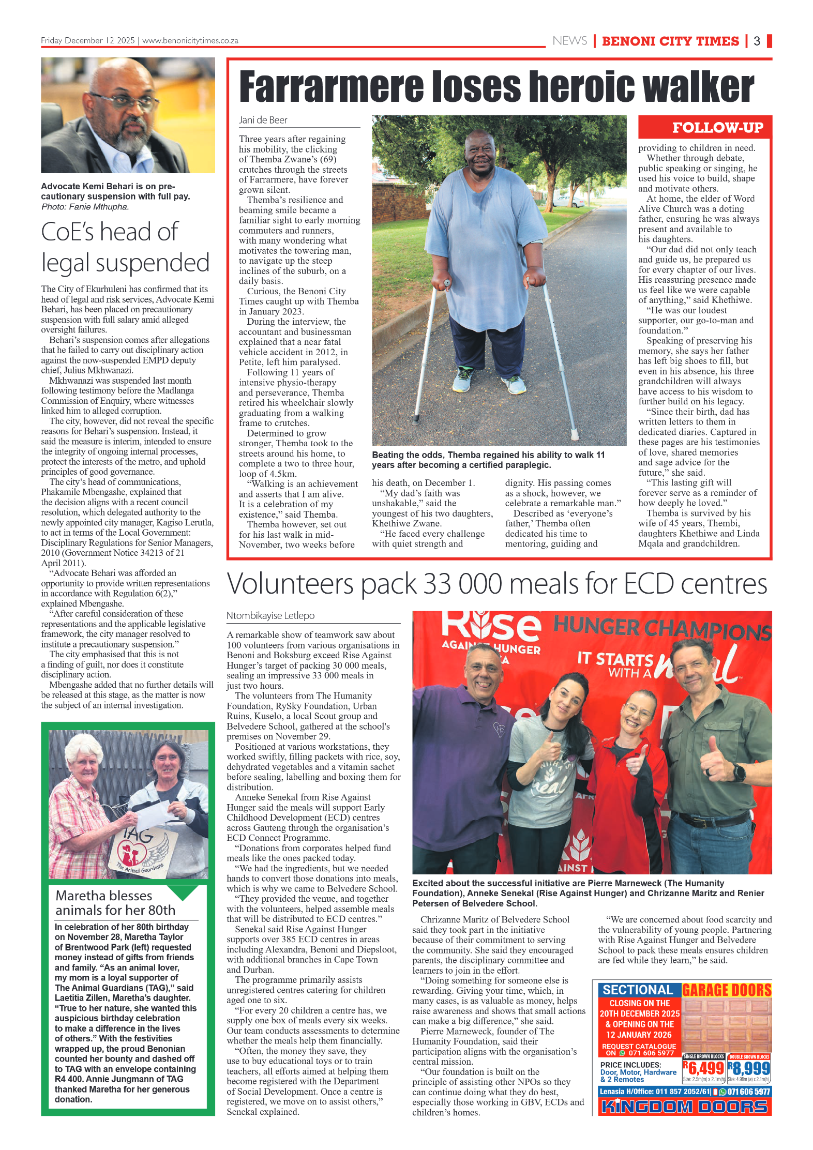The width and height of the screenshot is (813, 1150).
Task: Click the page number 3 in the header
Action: [x=757, y=41]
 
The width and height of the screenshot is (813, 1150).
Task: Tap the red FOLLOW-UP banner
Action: [x=704, y=127]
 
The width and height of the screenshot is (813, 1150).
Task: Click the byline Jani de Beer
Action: [x=263, y=120]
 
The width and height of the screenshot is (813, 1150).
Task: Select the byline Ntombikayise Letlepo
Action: [x=270, y=615]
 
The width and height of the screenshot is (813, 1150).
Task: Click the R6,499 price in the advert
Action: [x=703, y=1068]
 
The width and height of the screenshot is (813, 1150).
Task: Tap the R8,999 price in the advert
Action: [x=749, y=1068]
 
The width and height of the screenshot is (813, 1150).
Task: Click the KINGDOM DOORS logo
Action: [x=684, y=1107]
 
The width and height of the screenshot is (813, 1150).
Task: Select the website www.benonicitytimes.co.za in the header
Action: [x=190, y=40]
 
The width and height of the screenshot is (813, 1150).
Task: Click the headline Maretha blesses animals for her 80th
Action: [x=115, y=902]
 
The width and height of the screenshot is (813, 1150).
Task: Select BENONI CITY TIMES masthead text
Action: [x=670, y=41]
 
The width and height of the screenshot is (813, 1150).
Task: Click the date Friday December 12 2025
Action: [x=87, y=40]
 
